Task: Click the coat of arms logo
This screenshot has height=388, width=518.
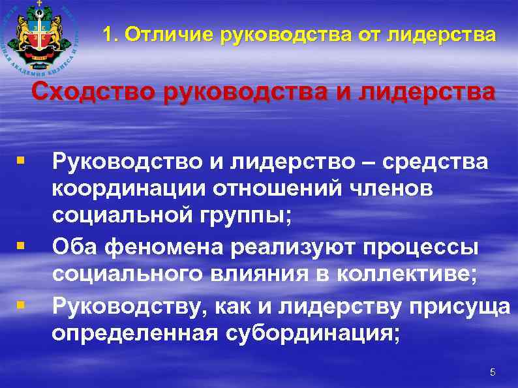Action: click(x=41, y=36)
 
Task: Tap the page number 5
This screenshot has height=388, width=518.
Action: click(x=493, y=372)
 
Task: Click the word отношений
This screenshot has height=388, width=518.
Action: click(x=271, y=189)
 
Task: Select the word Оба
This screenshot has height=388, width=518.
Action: click(x=73, y=248)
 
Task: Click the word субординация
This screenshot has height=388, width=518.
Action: click(x=311, y=334)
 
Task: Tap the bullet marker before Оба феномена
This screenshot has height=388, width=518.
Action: click(x=22, y=246)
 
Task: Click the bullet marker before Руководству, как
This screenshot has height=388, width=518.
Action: click(x=22, y=304)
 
